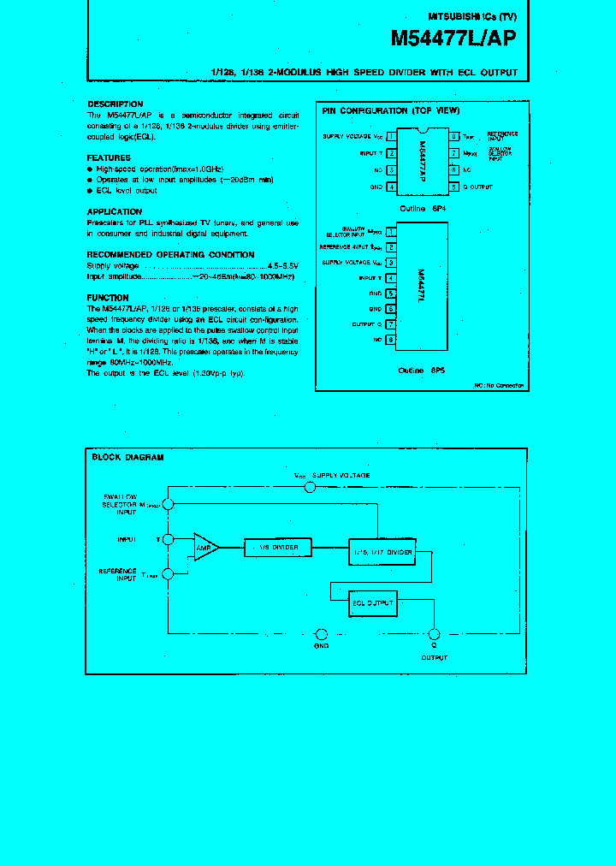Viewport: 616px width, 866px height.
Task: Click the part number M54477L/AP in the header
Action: (453, 39)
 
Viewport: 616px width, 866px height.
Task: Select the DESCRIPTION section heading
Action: (115, 104)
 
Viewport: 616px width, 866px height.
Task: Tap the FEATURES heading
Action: (109, 158)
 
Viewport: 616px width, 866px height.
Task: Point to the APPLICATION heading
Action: (115, 212)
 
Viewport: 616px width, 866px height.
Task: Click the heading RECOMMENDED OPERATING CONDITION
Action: (170, 255)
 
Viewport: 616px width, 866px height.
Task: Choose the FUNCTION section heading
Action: (108, 298)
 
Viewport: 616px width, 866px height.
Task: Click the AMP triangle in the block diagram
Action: (204, 546)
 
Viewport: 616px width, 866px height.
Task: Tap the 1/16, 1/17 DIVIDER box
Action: (382, 552)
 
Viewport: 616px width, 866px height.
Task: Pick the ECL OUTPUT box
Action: (372, 603)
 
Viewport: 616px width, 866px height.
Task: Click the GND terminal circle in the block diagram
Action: (322, 634)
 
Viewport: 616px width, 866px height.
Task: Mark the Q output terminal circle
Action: (434, 634)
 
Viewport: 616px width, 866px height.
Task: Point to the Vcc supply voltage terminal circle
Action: (310, 487)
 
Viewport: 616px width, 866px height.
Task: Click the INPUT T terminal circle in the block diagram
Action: (169, 539)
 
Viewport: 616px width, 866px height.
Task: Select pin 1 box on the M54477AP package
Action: (391, 136)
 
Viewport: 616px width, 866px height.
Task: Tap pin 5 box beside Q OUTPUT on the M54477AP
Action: (453, 187)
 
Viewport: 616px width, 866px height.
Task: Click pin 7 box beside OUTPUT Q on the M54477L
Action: (391, 324)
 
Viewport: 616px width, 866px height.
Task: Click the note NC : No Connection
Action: (500, 386)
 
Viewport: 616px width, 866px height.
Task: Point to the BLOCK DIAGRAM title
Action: (127, 458)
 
